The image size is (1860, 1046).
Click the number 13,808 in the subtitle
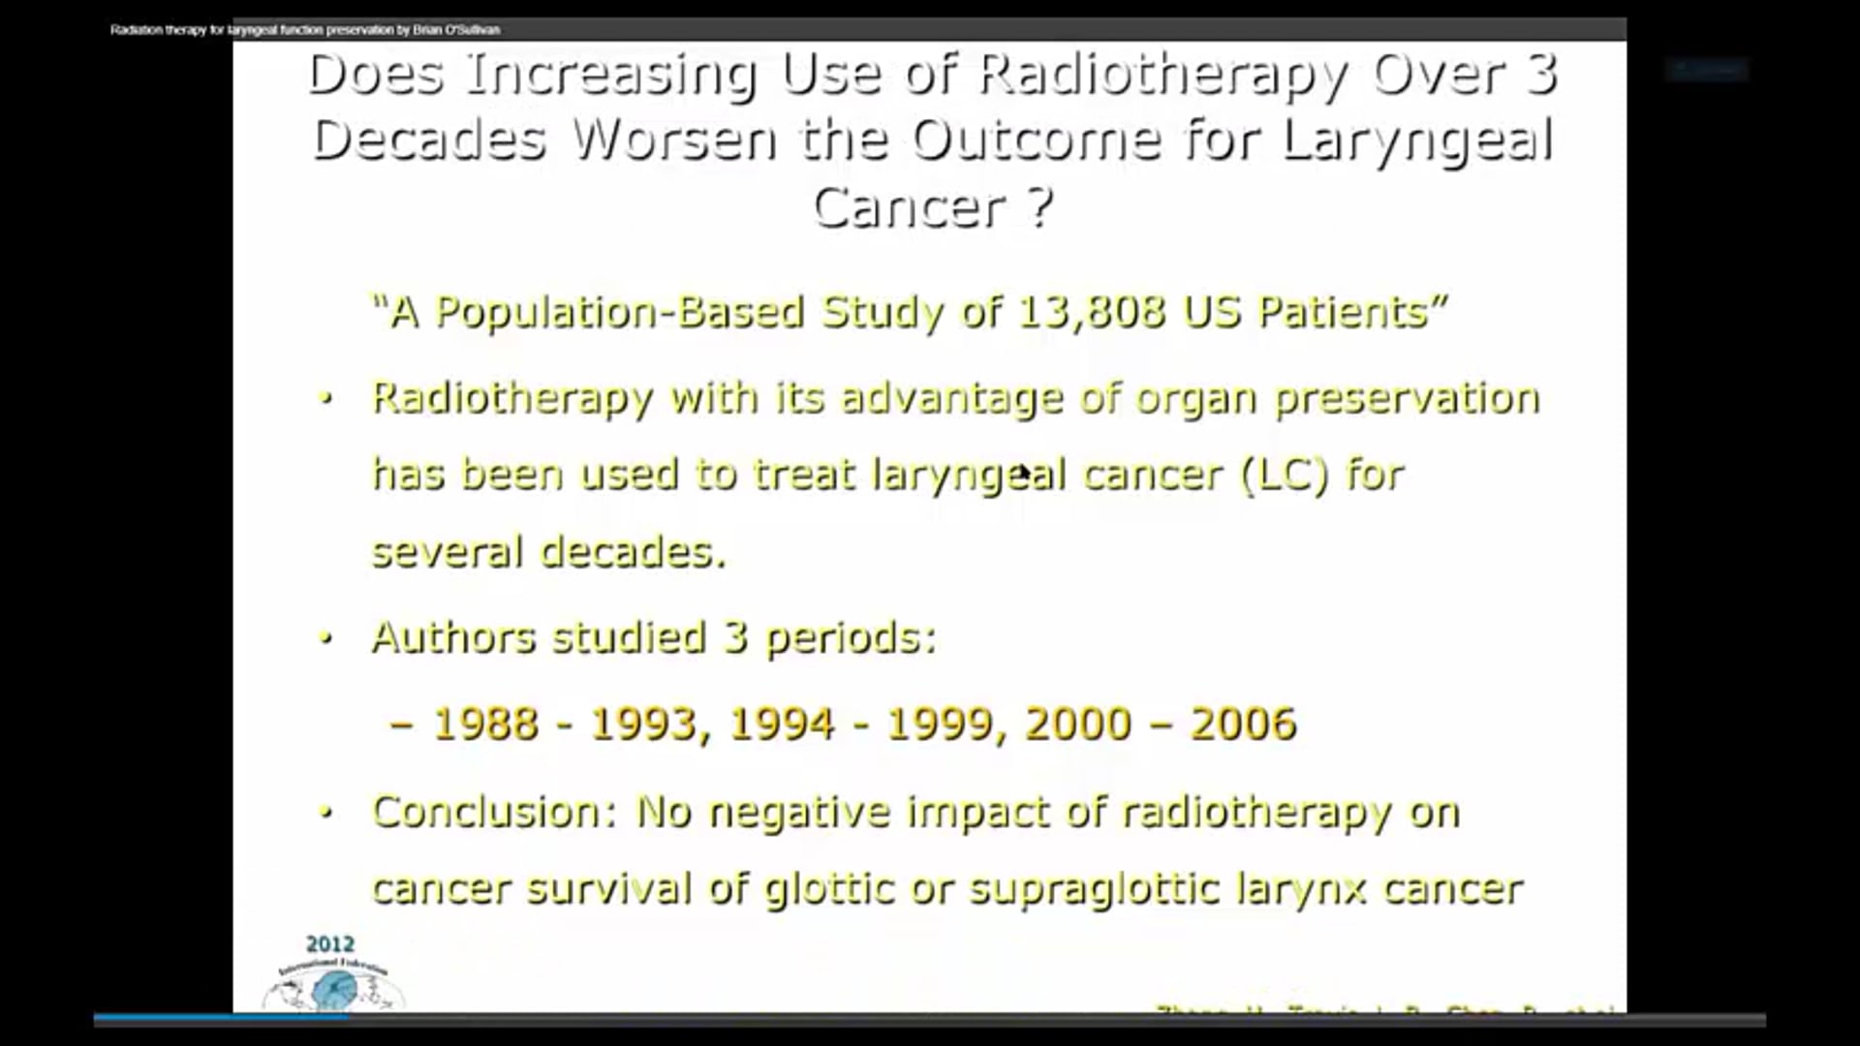(1091, 312)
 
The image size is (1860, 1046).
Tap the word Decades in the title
(429, 140)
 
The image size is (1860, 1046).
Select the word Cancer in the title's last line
(910, 207)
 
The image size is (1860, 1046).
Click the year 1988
(484, 723)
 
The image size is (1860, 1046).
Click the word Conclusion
(494, 812)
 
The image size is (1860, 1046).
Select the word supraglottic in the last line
(1094, 889)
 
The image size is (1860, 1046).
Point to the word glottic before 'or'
(829, 889)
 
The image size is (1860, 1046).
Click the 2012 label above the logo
(330, 943)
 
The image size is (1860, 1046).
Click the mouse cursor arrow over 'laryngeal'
(1024, 472)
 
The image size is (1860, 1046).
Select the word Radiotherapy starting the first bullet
(512, 399)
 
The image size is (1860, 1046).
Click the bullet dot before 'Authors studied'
(326, 638)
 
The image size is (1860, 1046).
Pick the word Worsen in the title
(673, 140)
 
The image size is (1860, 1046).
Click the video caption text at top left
(305, 30)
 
